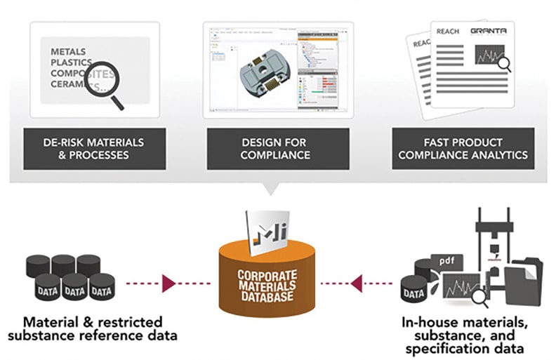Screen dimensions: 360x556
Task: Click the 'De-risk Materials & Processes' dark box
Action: [95, 148]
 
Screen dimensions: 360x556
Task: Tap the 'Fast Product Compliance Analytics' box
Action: [463, 148]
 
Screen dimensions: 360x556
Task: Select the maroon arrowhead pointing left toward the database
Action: [357, 284]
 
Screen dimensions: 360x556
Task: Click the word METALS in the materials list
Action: [69, 52]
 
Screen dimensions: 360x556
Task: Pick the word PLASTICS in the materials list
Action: [72, 63]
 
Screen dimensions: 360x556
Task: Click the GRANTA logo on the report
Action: [488, 32]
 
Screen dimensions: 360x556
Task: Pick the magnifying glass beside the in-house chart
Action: [481, 298]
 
